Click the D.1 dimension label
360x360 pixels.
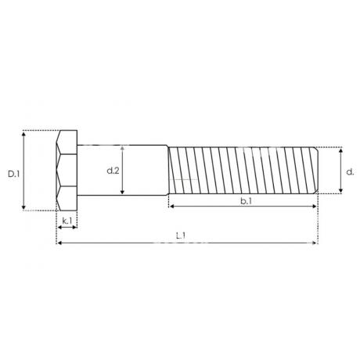(x=14, y=174)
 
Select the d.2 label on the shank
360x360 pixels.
(x=113, y=171)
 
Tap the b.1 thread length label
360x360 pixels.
(x=246, y=201)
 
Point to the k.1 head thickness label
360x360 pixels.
(x=67, y=221)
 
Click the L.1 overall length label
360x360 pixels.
(x=181, y=236)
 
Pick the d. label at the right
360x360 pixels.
(x=350, y=172)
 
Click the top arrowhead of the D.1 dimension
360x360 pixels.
(x=23, y=134)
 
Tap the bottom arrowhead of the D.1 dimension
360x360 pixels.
(x=23, y=207)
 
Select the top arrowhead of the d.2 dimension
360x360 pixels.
(x=122, y=149)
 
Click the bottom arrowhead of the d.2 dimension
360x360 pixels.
(x=122, y=193)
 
